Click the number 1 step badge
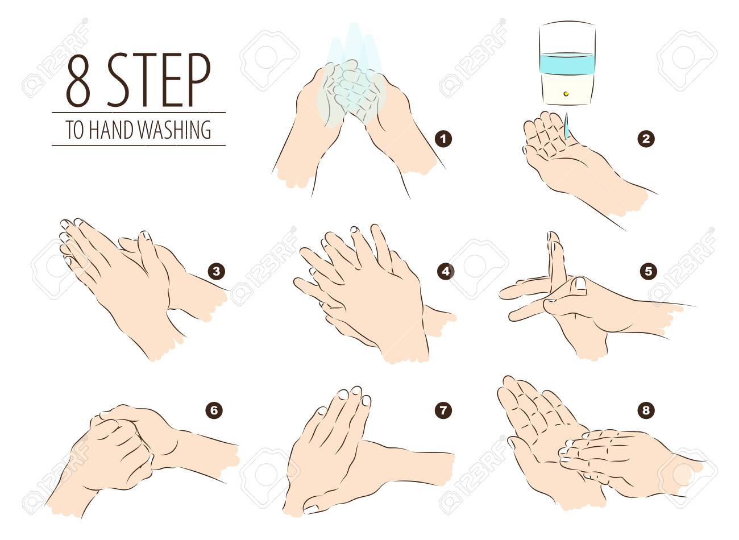pos(443,139)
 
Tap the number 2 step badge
pos(646,139)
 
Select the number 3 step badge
pos(216,272)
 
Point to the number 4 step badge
pos(446,272)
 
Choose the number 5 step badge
pos(648,272)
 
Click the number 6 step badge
pos(214,411)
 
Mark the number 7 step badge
pos(443,411)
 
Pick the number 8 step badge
pos(646,411)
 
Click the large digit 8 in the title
pos(78,80)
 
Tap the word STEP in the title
pos(159,80)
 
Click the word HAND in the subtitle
pos(112,130)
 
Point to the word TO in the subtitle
pos(75,130)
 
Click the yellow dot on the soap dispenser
pos(566,94)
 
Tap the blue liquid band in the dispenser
pos(567,63)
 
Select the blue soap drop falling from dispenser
pos(566,126)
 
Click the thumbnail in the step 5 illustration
pos(579,284)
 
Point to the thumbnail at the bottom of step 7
pos(311,509)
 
